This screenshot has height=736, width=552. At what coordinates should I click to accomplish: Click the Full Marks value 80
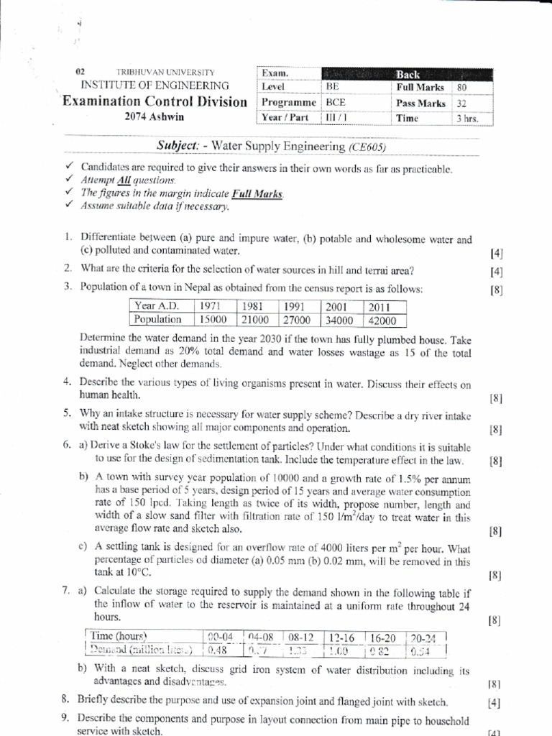point(462,88)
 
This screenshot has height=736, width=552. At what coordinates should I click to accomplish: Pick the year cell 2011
point(379,305)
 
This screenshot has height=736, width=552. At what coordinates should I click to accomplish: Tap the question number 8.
point(65,701)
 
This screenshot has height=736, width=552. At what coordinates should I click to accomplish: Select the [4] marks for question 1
point(495,254)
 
